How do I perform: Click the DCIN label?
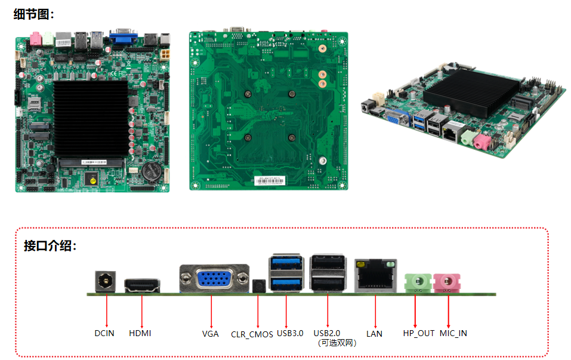[104, 333]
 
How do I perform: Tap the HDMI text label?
[140, 333]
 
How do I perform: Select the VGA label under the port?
[211, 334]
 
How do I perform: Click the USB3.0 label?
[290, 333]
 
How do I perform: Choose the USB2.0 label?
[327, 333]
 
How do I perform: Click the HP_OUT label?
[418, 333]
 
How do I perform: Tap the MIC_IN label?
[453, 333]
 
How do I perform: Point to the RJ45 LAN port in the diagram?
[375, 276]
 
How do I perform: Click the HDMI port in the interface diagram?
[141, 285]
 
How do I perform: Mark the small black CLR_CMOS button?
[258, 286]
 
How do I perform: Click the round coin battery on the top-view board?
[153, 170]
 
